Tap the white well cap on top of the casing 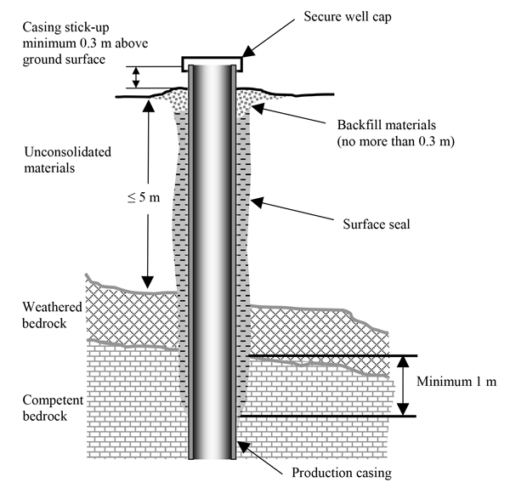[x=212, y=62]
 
